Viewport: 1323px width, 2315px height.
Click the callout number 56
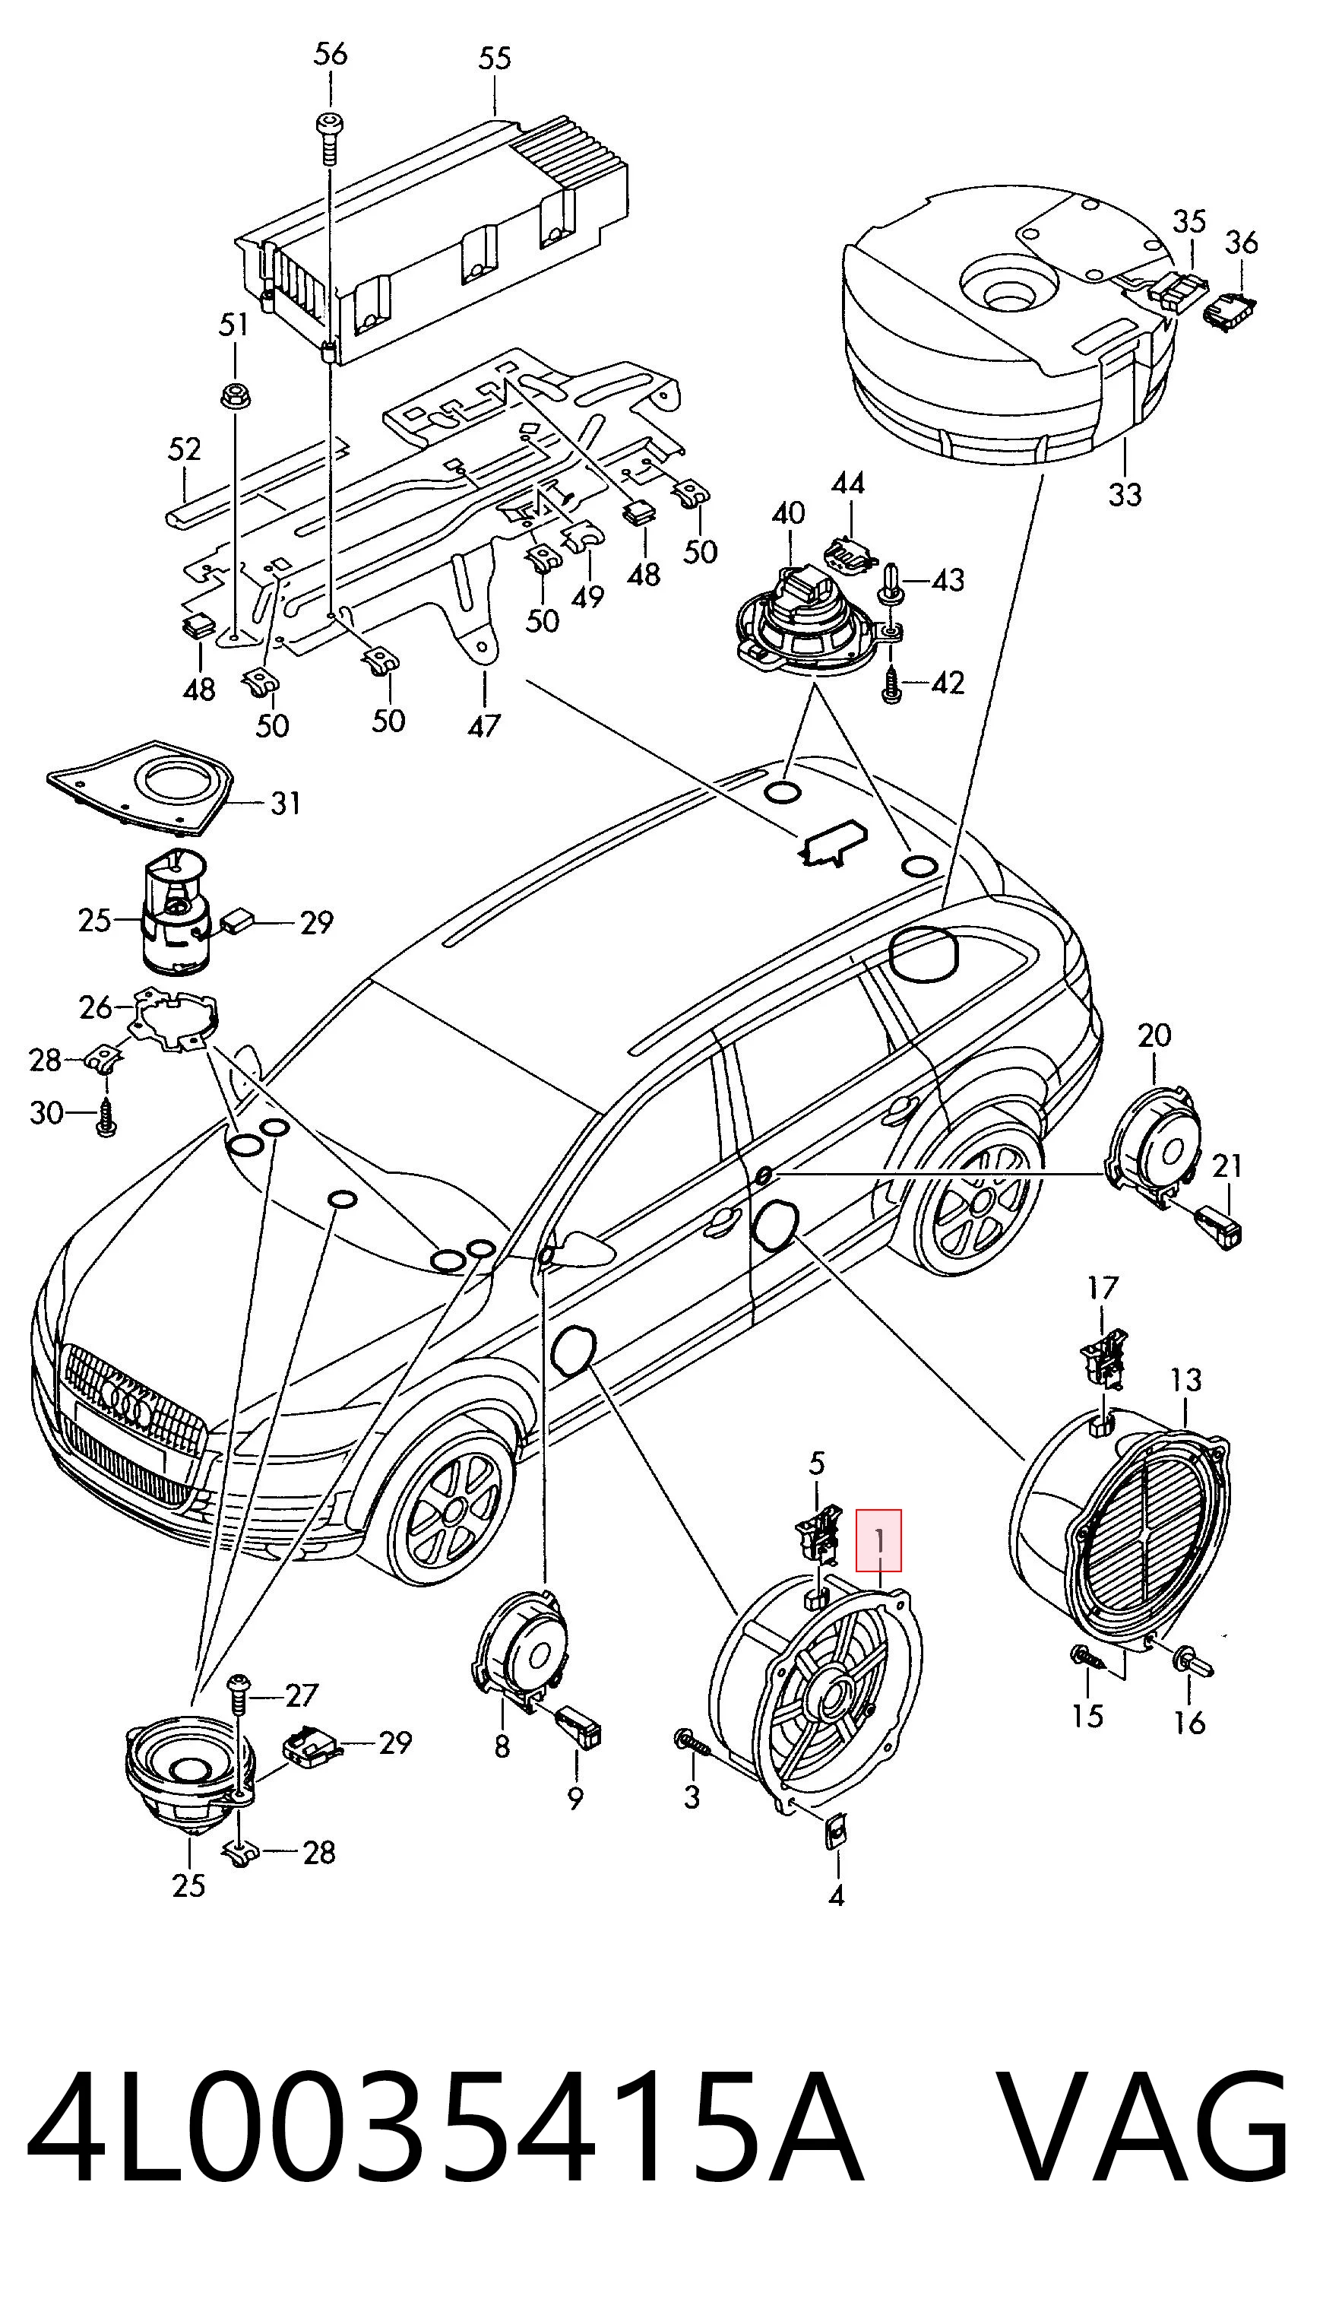click(330, 54)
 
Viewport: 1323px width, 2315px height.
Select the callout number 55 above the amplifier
click(495, 59)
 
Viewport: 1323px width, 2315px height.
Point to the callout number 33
click(1125, 496)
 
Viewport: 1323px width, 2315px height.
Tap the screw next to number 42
click(890, 683)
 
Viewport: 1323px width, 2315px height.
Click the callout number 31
click(285, 804)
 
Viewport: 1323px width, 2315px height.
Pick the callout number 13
click(1185, 1381)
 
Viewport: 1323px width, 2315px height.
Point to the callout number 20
click(1155, 1035)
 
